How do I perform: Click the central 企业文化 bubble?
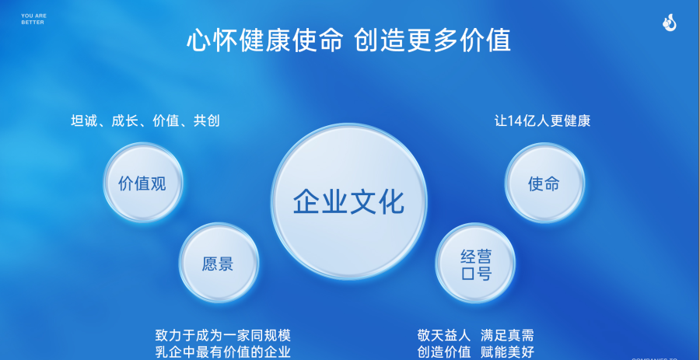[x=348, y=201]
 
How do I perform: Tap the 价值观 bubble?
[x=142, y=183]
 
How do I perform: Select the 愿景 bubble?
[x=218, y=263]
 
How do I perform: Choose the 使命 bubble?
[x=544, y=183]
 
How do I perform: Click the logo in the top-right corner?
[x=670, y=24]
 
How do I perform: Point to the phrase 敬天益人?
[x=444, y=335]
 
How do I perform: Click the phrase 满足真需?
[x=507, y=335]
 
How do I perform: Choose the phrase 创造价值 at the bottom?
[x=444, y=351]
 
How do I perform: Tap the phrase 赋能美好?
[x=507, y=351]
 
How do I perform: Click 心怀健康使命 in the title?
[x=264, y=40]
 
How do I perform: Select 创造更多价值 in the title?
[x=432, y=40]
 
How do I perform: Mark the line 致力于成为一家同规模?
[x=222, y=335]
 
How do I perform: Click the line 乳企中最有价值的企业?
[x=222, y=351]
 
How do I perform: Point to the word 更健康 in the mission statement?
[x=571, y=121]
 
